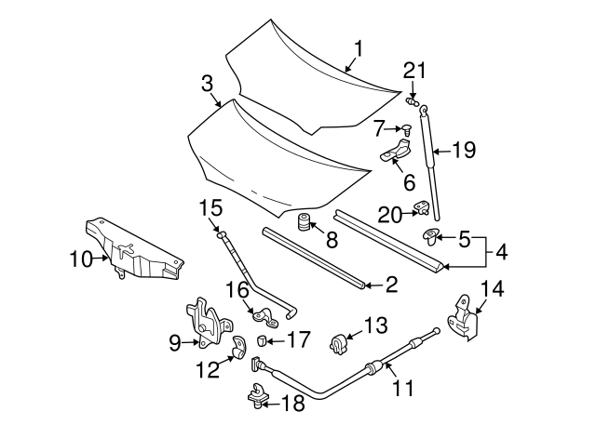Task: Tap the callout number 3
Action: coord(207,84)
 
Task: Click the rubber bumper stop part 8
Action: coord(302,225)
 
